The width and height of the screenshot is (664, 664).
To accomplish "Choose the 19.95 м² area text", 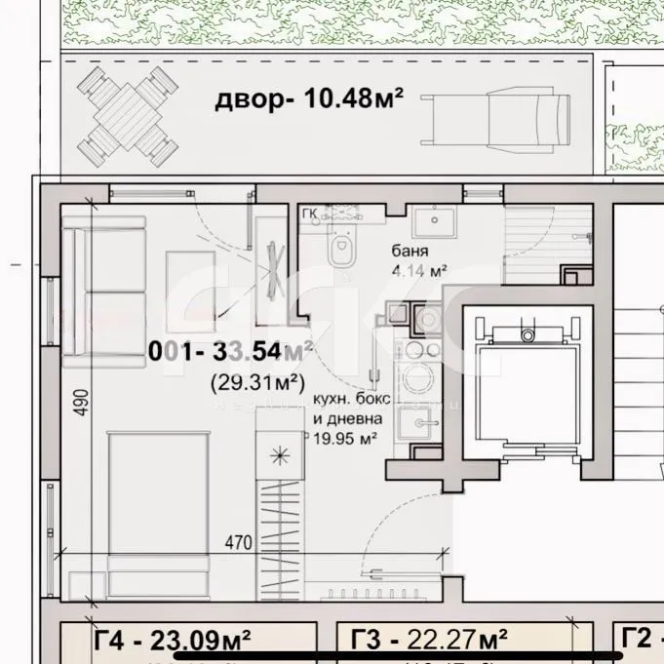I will tap(344, 440).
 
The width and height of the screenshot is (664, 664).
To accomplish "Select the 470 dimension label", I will tap(240, 540).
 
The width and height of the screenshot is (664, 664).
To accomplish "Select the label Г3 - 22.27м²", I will tap(429, 641).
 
